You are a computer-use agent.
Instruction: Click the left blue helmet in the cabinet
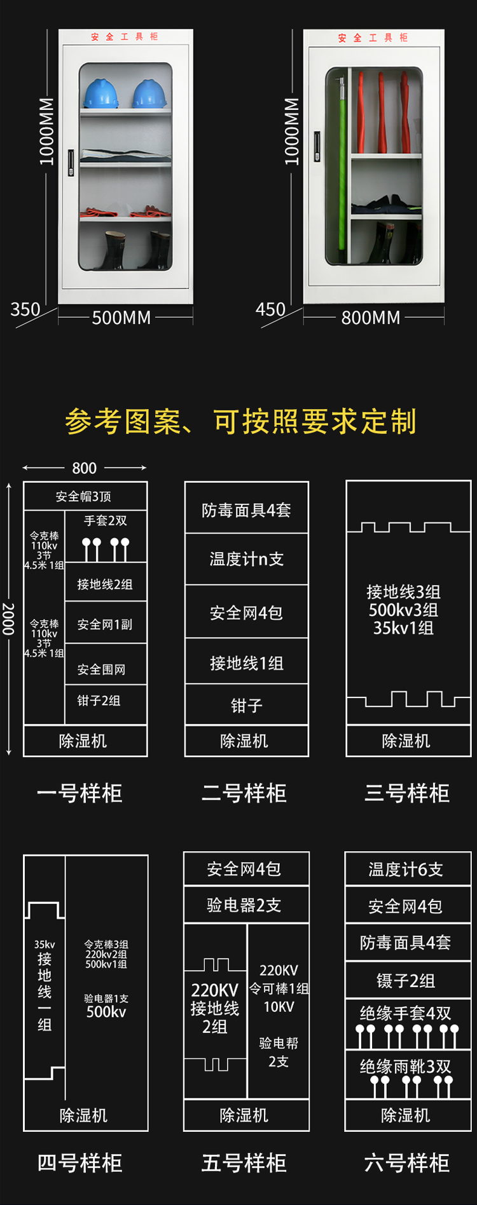pos(101,93)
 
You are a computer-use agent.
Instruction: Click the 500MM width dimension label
pos(121,318)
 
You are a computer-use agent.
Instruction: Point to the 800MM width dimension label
pos(371,318)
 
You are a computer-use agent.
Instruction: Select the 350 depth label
pos(25,310)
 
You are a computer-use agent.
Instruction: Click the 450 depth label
pos(270,310)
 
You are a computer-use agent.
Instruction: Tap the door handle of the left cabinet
pos(71,163)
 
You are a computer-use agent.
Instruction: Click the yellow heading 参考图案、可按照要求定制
pos(240,422)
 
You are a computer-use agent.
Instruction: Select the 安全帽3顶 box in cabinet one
pos(84,497)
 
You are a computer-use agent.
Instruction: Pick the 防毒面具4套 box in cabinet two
pos(246,510)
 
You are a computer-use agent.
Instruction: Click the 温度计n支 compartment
pos(246,559)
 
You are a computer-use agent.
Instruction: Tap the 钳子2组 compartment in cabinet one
pos(99,701)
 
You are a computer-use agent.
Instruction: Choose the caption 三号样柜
pos(407,793)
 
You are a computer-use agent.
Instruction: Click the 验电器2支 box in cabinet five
pos(244,905)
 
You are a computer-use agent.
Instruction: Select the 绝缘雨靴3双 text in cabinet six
pos(406,1067)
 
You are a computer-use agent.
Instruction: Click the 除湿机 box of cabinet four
pos(84,1115)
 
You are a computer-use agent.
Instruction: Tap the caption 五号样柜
pos(244,1163)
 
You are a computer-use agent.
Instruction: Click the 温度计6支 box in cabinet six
pos(406,870)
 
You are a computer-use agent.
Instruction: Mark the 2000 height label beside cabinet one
pos(8,619)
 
